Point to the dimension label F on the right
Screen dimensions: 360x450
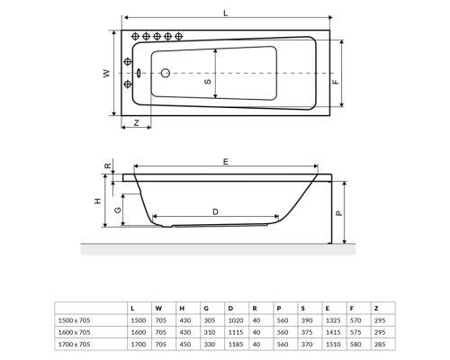tap(336, 81)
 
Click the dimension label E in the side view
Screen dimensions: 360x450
tap(225, 159)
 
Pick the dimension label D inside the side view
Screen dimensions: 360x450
tap(214, 211)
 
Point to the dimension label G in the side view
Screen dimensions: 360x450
tap(118, 211)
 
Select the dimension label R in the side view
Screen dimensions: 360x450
tap(108, 166)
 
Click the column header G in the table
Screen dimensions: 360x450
tap(206, 309)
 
